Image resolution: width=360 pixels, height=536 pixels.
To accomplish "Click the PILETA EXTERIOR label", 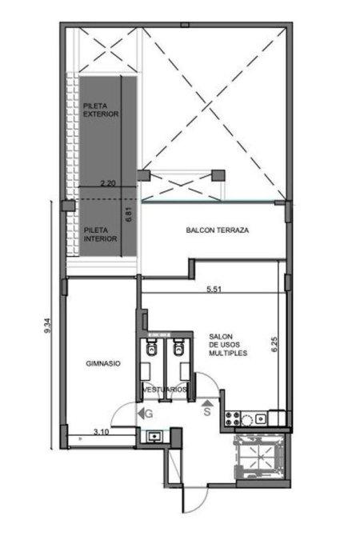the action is pos(101,110).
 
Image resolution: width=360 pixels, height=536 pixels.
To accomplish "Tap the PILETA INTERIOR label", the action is pos(101,234).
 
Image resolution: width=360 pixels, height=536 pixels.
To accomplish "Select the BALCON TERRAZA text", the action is pos(218,230).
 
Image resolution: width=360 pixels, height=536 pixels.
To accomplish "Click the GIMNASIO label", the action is pos(103,364).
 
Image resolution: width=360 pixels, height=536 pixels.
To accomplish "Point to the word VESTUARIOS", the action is pos(165,390).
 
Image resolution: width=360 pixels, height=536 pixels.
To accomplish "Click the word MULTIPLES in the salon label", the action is pos(228,353).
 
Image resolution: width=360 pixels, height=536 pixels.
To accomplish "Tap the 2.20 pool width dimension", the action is pos(108,183).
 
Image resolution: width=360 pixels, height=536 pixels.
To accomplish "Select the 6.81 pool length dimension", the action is pos(129,215).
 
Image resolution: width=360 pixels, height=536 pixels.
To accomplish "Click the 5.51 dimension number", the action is pos(214,289).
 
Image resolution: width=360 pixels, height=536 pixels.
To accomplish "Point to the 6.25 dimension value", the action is pos(274,345).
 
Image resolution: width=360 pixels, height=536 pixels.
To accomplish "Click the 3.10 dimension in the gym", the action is pos(101,432).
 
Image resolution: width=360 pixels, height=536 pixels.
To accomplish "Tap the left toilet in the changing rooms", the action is pos(151,347).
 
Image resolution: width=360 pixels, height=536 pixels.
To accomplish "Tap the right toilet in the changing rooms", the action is pos(178,347).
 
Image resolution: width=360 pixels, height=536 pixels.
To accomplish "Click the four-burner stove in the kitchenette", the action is pos(233,418).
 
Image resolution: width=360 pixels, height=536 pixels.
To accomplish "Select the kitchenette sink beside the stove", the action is pos(261,418).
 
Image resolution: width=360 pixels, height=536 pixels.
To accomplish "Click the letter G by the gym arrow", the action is pos(149,414).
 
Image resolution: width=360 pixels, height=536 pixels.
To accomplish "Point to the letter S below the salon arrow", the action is pos(207,412).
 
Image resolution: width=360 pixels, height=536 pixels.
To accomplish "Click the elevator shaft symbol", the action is pos(259,456).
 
